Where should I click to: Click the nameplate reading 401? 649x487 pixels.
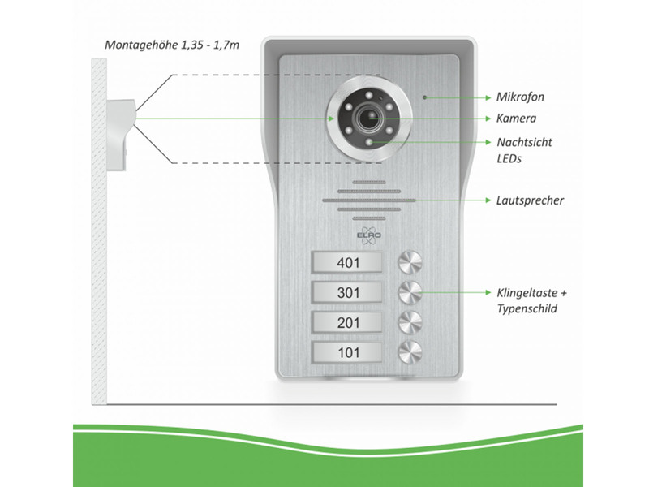pos(346,261)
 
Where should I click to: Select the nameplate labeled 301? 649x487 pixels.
pos(346,291)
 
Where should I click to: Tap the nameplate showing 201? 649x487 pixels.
pos(346,321)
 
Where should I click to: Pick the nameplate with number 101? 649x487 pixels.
pos(346,351)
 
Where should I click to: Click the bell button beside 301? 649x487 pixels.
pos(409,291)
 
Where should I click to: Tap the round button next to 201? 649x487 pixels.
pos(409,321)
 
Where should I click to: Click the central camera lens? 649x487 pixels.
pos(369,119)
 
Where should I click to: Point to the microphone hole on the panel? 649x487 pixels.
pos(423,97)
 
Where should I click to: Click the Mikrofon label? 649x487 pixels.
pos(520,97)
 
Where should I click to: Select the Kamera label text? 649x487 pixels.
pos(516,119)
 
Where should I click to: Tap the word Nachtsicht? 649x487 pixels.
pos(523,141)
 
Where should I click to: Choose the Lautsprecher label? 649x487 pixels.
pos(530,200)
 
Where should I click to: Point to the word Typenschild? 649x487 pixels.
pos(527,309)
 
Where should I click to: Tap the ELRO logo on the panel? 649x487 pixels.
pos(369,236)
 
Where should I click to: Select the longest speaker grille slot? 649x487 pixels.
pos(369,200)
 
